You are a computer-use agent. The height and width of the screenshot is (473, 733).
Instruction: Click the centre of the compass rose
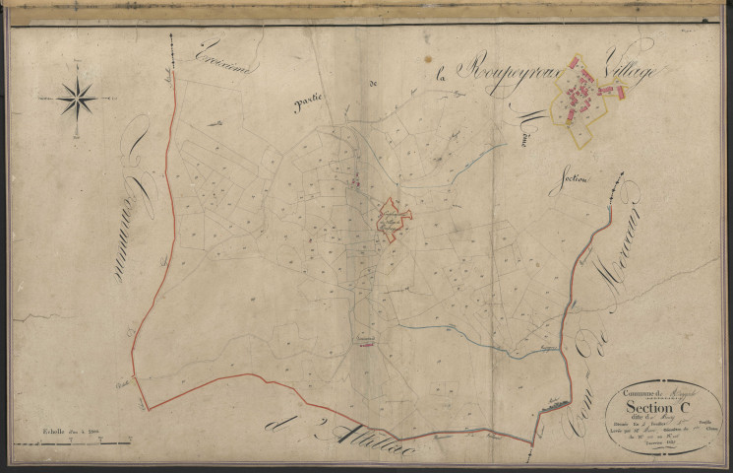click(x=76, y=99)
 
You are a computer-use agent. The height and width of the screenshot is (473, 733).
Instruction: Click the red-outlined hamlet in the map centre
click(x=395, y=222)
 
